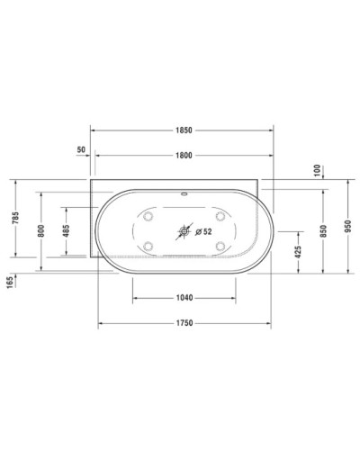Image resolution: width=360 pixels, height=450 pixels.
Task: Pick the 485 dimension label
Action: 66,229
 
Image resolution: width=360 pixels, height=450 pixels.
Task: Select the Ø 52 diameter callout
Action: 203,231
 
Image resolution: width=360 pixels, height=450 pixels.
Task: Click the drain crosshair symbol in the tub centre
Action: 184,231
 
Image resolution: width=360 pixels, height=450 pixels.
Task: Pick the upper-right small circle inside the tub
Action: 220,216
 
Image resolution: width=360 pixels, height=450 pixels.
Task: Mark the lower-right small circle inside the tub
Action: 220,246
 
